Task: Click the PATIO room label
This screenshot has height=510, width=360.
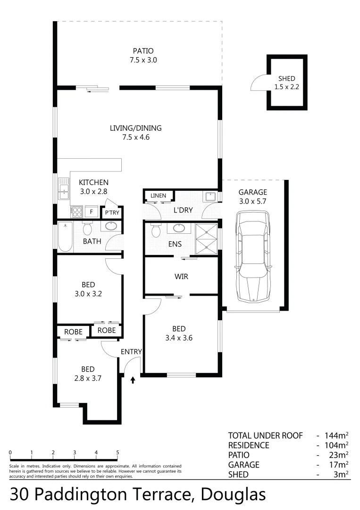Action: [142, 51]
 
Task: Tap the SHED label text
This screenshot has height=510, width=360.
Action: [286, 79]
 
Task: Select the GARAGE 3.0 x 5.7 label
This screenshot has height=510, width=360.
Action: [252, 196]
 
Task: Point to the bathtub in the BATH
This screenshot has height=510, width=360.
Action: [65, 236]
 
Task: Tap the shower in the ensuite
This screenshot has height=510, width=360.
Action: [207, 238]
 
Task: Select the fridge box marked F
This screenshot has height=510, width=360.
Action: [91, 212]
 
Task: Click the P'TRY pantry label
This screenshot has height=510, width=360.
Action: [112, 213]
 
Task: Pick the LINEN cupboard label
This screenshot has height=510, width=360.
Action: [158, 195]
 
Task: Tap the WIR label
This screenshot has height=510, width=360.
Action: [182, 276]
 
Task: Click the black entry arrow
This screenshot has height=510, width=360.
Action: [133, 379]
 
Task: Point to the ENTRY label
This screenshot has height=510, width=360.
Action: [131, 351]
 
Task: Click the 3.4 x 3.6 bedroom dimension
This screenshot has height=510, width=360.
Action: [179, 338]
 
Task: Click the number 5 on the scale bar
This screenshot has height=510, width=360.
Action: [117, 452]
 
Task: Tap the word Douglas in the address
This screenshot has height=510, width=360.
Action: [233, 494]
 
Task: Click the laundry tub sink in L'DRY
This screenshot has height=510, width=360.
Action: [210, 196]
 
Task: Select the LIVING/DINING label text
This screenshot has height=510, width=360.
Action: [136, 128]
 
